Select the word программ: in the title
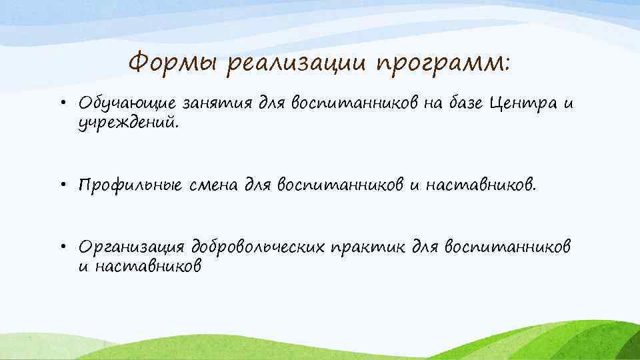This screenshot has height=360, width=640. click(x=445, y=65)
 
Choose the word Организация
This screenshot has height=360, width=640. click(x=131, y=247)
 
